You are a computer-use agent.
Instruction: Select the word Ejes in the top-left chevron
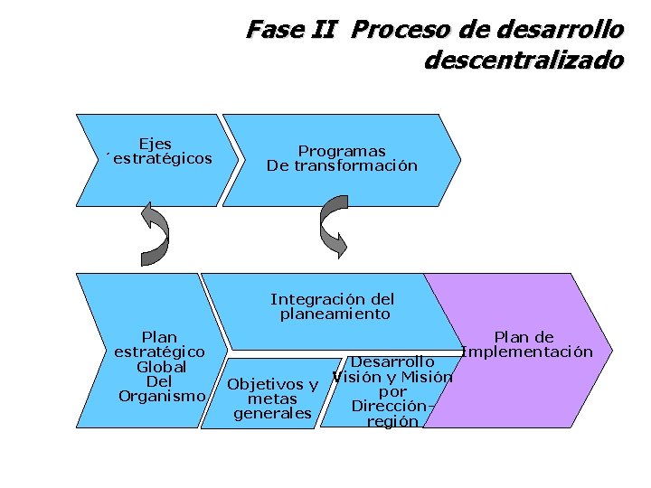click(156, 144)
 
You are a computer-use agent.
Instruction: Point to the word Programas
click(342, 151)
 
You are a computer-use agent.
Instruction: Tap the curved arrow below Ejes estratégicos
click(155, 234)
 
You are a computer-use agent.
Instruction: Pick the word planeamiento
click(335, 314)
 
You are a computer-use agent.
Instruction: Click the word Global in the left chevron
click(161, 367)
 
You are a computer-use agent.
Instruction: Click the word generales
click(272, 414)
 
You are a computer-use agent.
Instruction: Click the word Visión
click(355, 377)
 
